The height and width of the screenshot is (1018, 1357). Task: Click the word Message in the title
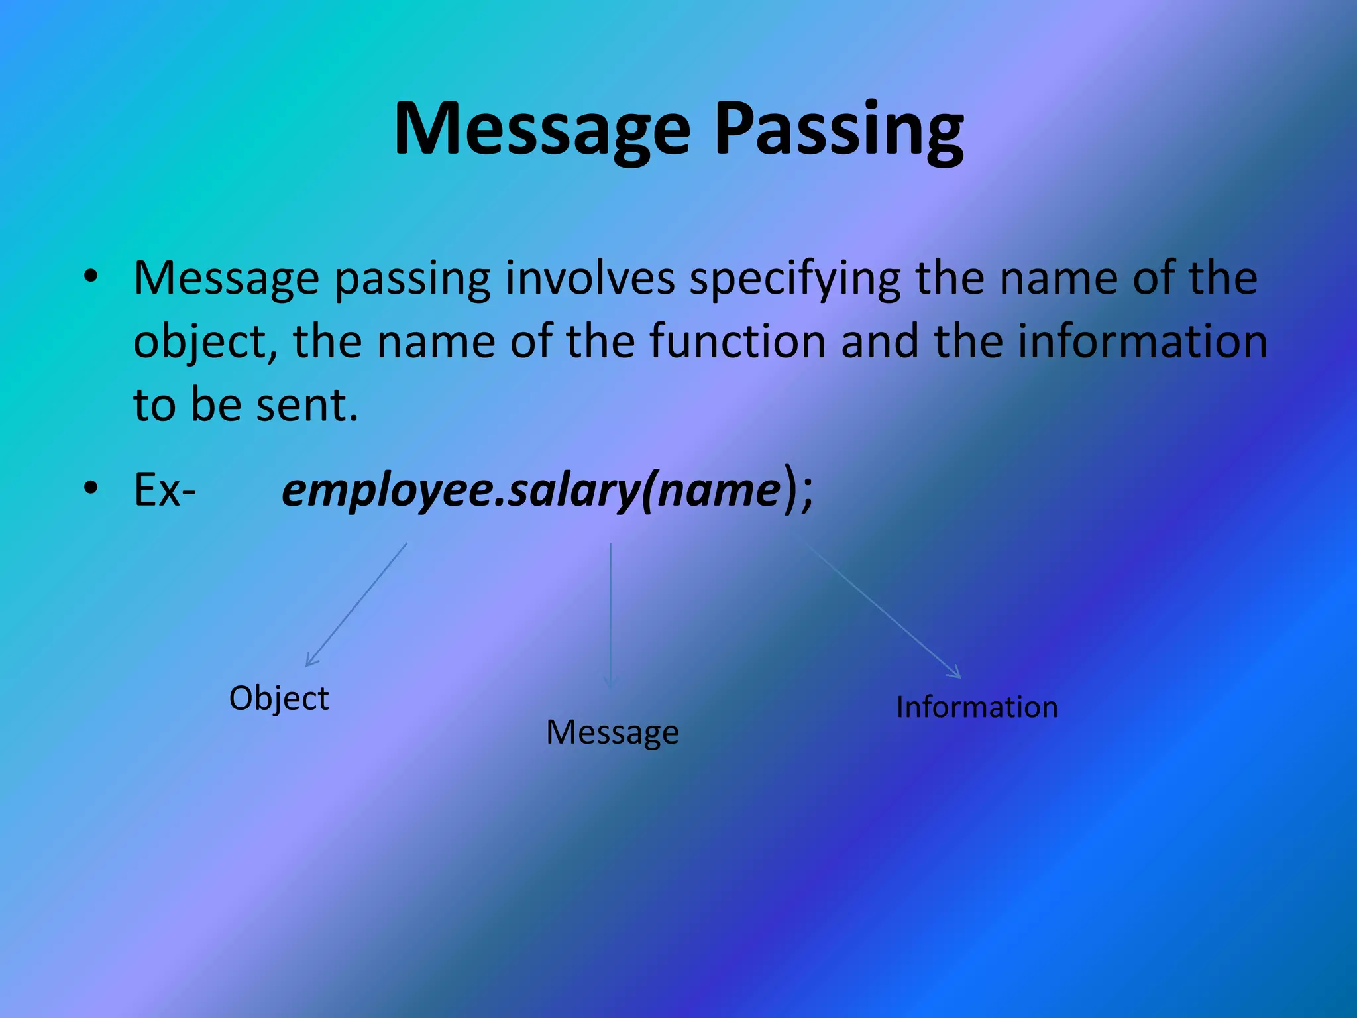(542, 130)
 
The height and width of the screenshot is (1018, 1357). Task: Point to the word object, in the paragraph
(201, 342)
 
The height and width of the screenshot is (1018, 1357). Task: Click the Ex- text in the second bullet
(164, 490)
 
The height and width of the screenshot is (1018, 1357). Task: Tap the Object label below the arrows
(278, 699)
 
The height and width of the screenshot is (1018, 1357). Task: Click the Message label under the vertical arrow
(612, 733)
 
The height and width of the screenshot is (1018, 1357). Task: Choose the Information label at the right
(977, 707)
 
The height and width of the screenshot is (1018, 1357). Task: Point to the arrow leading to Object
(356, 604)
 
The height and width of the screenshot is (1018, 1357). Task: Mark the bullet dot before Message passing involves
(91, 276)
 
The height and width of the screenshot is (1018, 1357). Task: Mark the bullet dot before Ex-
(91, 488)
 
